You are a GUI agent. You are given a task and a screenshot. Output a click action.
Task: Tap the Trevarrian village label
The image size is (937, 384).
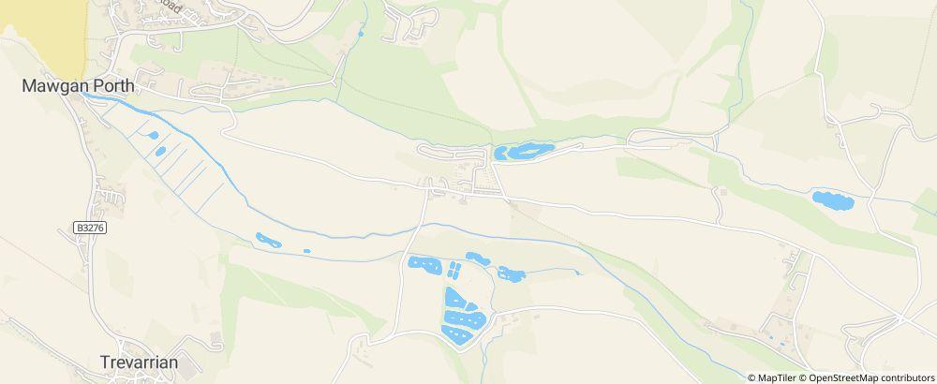tap(139, 362)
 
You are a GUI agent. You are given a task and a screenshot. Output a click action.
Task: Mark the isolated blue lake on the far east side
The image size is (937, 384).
tap(831, 199)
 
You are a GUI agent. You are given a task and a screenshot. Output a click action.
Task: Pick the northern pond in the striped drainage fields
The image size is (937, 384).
tap(152, 136)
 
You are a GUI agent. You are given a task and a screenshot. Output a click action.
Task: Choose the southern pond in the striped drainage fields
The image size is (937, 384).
tap(160, 151)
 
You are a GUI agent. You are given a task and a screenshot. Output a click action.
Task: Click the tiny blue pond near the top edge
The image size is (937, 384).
tap(360, 36)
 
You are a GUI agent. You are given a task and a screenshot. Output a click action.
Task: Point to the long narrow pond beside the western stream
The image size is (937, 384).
tap(268, 241)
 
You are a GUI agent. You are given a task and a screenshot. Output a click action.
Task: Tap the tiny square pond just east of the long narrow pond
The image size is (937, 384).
tap(306, 251)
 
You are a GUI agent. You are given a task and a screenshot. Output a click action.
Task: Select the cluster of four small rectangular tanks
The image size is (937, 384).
tap(454, 272)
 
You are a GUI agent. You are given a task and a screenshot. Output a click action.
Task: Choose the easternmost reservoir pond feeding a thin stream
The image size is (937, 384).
tap(512, 274)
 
